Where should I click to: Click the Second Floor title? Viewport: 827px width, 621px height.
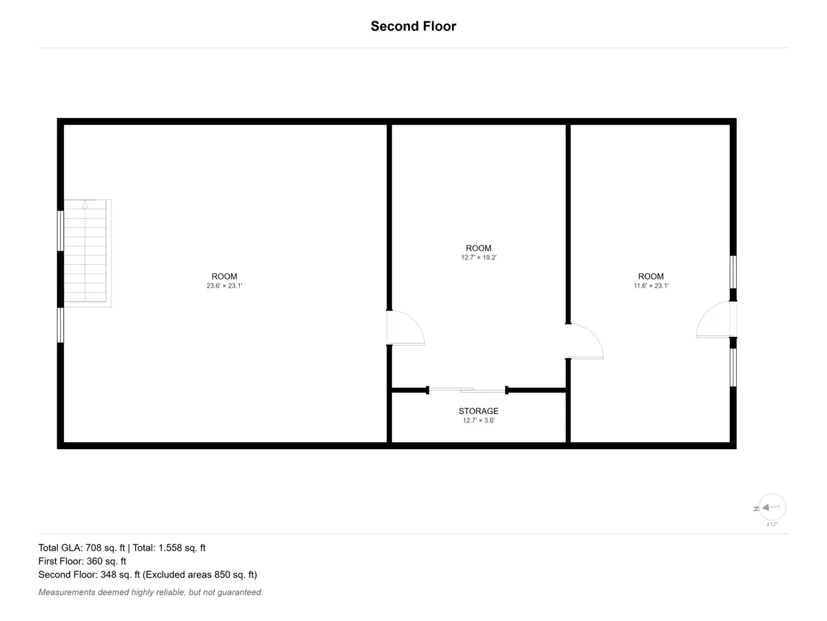(x=413, y=26)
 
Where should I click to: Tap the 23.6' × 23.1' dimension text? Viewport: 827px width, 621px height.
(x=224, y=286)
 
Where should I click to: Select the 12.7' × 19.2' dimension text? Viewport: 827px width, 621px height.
(x=479, y=257)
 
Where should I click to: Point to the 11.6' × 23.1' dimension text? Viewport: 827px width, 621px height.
(x=651, y=286)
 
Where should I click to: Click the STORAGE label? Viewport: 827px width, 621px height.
(x=478, y=411)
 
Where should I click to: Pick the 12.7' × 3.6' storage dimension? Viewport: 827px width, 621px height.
(x=479, y=420)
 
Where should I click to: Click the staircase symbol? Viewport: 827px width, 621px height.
(x=88, y=253)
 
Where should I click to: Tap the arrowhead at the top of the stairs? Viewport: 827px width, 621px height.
(x=85, y=204)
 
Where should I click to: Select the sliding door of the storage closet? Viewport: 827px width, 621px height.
(x=467, y=391)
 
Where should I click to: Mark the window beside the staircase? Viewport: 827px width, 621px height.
(x=60, y=230)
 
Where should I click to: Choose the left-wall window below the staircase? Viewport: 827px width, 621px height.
(x=60, y=325)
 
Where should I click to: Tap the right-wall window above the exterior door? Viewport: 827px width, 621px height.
(x=733, y=273)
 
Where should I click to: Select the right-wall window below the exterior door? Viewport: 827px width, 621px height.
(x=733, y=368)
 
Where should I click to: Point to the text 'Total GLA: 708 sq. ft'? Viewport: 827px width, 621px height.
(x=81, y=548)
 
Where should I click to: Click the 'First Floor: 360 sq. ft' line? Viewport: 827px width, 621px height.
(x=82, y=561)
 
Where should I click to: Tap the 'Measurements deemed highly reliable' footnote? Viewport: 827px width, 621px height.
(x=151, y=592)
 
